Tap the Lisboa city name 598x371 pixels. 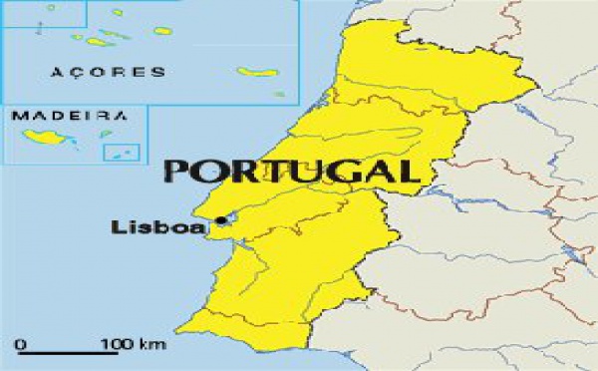click(158, 227)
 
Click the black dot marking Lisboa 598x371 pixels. click(220, 220)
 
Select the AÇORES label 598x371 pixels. click(94, 72)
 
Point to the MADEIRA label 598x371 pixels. click(69, 116)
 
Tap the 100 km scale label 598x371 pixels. click(132, 345)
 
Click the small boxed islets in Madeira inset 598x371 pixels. click(122, 153)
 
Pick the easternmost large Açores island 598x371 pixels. click(256, 72)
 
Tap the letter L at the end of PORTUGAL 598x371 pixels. click(407, 170)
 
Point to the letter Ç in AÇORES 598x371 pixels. click(72, 73)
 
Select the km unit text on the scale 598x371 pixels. click(151, 345)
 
